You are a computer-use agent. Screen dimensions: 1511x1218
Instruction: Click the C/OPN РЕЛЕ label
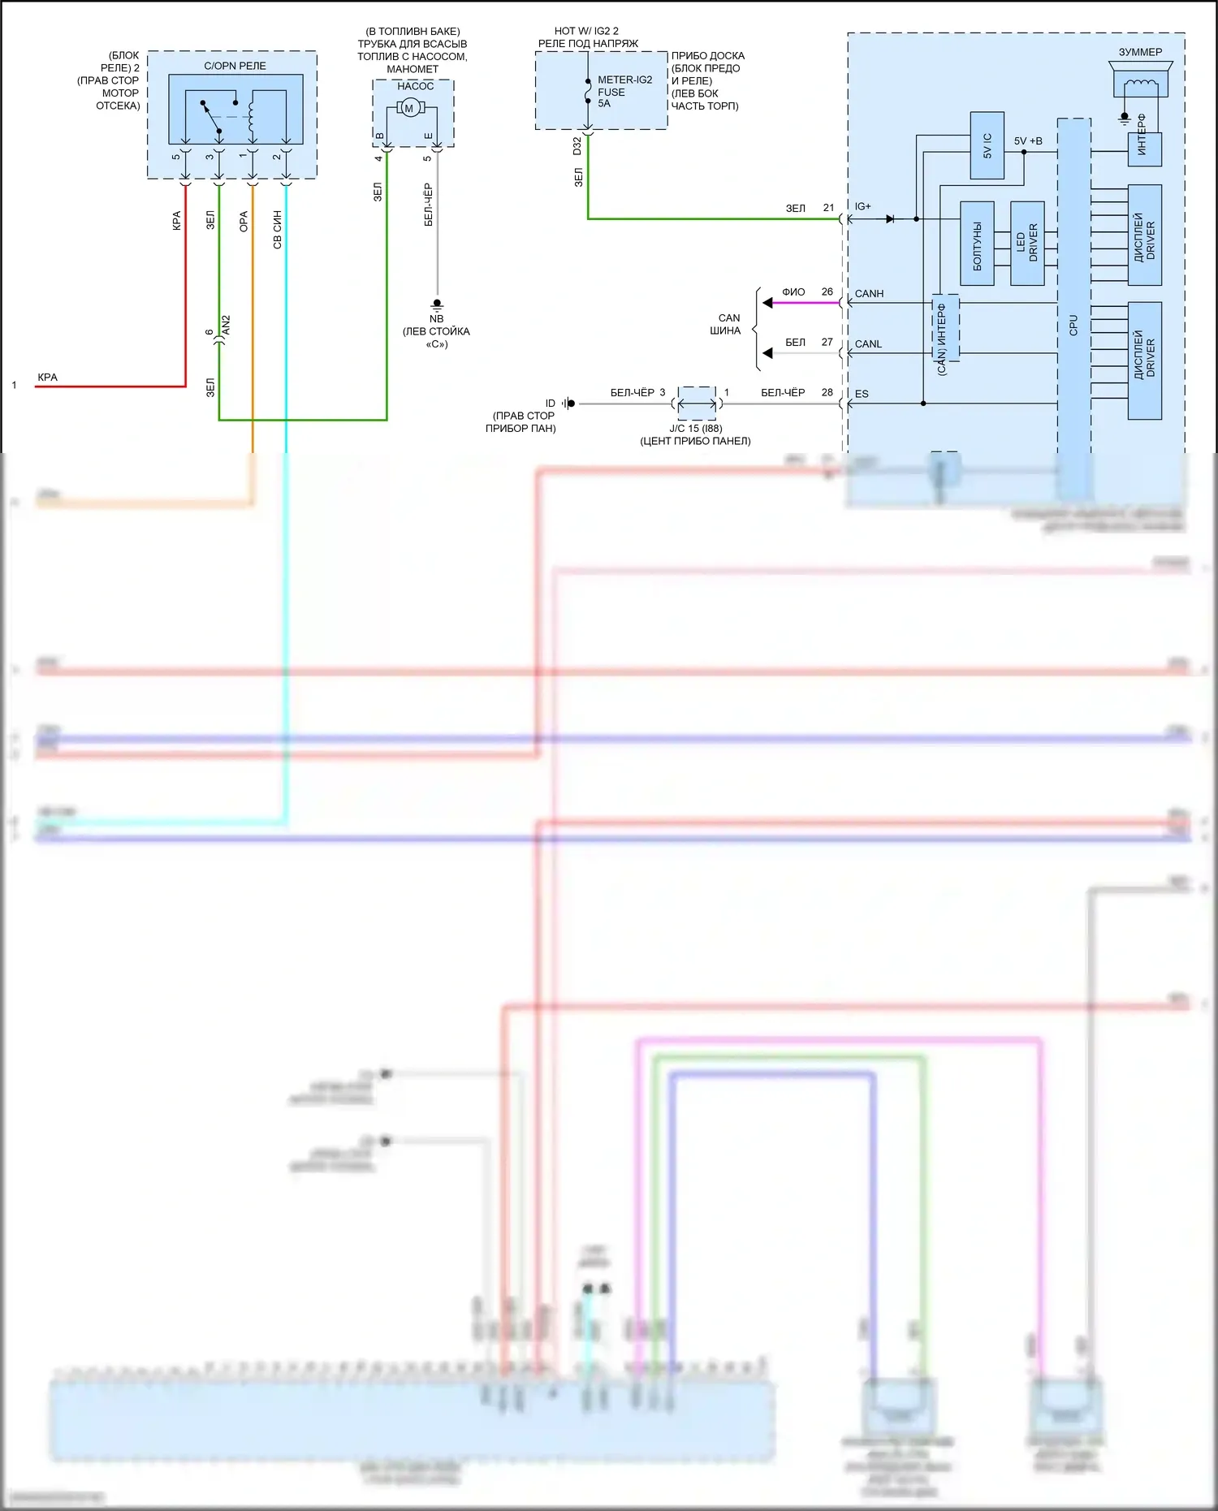tap(235, 66)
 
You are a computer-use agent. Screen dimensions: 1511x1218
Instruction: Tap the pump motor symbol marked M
tap(409, 108)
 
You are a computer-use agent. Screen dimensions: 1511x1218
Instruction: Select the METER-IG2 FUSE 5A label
tap(624, 92)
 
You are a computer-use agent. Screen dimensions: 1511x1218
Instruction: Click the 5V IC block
tap(987, 145)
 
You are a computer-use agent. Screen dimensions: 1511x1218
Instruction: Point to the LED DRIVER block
tap(1027, 244)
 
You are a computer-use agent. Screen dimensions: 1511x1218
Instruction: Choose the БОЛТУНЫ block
tap(977, 244)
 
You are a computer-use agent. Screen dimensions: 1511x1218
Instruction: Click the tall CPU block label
tap(1073, 325)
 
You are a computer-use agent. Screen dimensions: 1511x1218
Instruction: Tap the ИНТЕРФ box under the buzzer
tap(1144, 149)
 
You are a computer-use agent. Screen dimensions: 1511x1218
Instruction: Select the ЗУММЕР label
tap(1140, 52)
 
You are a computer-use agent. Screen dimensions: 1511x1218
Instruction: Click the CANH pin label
tap(869, 293)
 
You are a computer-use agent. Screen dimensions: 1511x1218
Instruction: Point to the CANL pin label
tap(868, 343)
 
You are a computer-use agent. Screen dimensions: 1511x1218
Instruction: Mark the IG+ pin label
tap(862, 206)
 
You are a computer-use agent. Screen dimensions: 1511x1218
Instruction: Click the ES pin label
tap(862, 394)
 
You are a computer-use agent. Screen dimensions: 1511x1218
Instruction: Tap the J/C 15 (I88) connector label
tap(696, 428)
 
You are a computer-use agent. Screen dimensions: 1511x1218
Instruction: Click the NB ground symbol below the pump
tap(437, 304)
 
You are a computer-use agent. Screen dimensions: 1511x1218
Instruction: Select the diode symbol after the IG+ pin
tap(891, 218)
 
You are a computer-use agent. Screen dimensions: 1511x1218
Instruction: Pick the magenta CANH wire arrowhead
tap(767, 303)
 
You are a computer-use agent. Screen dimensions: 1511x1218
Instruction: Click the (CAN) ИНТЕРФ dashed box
tap(945, 328)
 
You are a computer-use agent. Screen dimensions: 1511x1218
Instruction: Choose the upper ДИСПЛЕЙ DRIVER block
tap(1144, 235)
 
